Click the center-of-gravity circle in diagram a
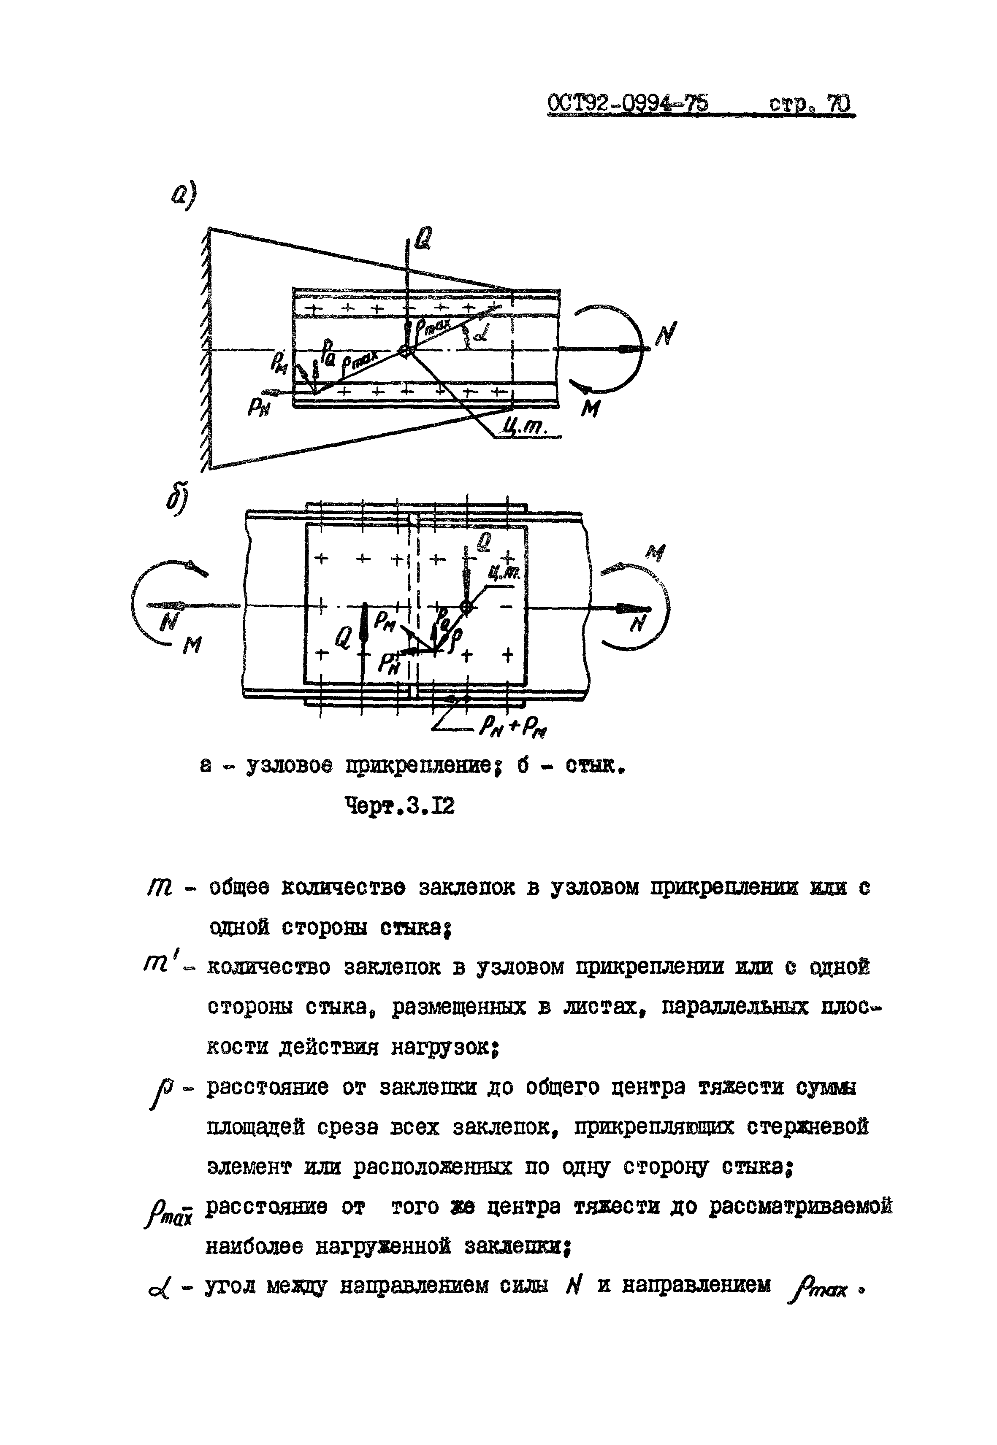[406, 351]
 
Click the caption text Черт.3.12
[400, 807]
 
